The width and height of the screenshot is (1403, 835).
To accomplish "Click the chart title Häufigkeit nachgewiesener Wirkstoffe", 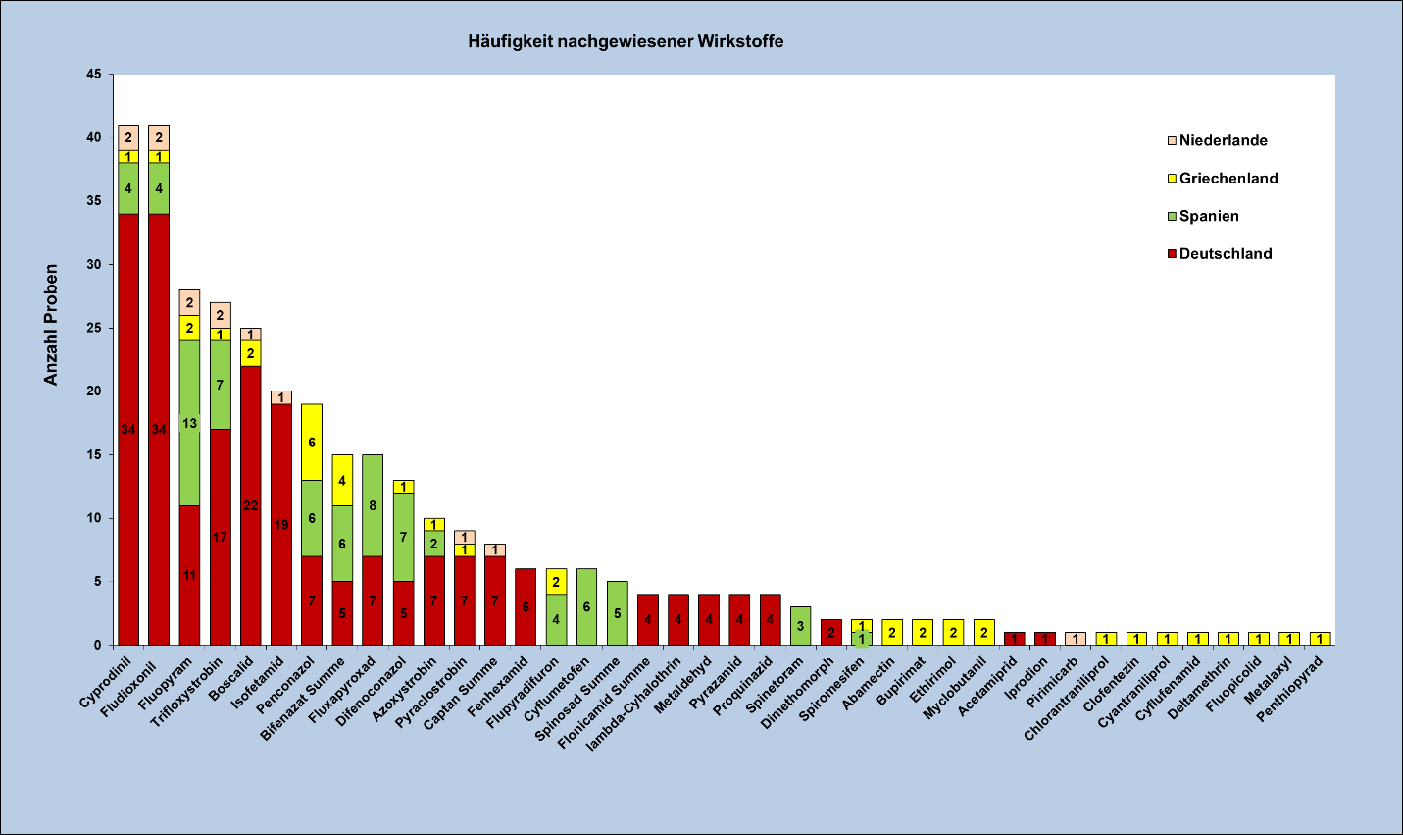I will (x=626, y=41).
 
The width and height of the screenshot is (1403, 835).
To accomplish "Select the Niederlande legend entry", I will (x=1223, y=140).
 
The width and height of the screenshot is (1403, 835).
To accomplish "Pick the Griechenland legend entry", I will (x=1228, y=178).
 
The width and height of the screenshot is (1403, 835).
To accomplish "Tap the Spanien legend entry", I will (x=1208, y=216).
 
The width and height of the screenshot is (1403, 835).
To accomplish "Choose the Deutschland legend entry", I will (x=1225, y=253).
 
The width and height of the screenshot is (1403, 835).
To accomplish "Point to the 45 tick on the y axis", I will (x=94, y=75).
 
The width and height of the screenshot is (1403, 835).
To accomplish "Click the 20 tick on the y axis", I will (x=94, y=391).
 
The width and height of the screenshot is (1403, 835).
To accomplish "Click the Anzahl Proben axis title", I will (x=51, y=325).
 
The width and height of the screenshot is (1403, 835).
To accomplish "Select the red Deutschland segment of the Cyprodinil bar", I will (x=128, y=429).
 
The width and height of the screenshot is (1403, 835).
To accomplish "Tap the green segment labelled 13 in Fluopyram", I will (x=189, y=423).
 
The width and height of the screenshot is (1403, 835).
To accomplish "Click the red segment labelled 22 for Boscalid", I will (x=250, y=505).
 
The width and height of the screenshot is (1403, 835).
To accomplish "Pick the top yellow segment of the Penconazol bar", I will (x=312, y=443).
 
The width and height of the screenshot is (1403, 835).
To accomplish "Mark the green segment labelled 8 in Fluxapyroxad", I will (x=373, y=505).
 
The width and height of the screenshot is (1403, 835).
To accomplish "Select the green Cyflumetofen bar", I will (x=586, y=606).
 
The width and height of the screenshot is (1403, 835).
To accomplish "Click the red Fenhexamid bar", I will (x=526, y=606).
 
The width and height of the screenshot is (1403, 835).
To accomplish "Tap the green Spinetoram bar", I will (x=800, y=626).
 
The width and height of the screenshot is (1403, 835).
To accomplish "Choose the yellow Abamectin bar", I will (x=892, y=633).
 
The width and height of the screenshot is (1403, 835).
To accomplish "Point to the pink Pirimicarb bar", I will (x=1076, y=639).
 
